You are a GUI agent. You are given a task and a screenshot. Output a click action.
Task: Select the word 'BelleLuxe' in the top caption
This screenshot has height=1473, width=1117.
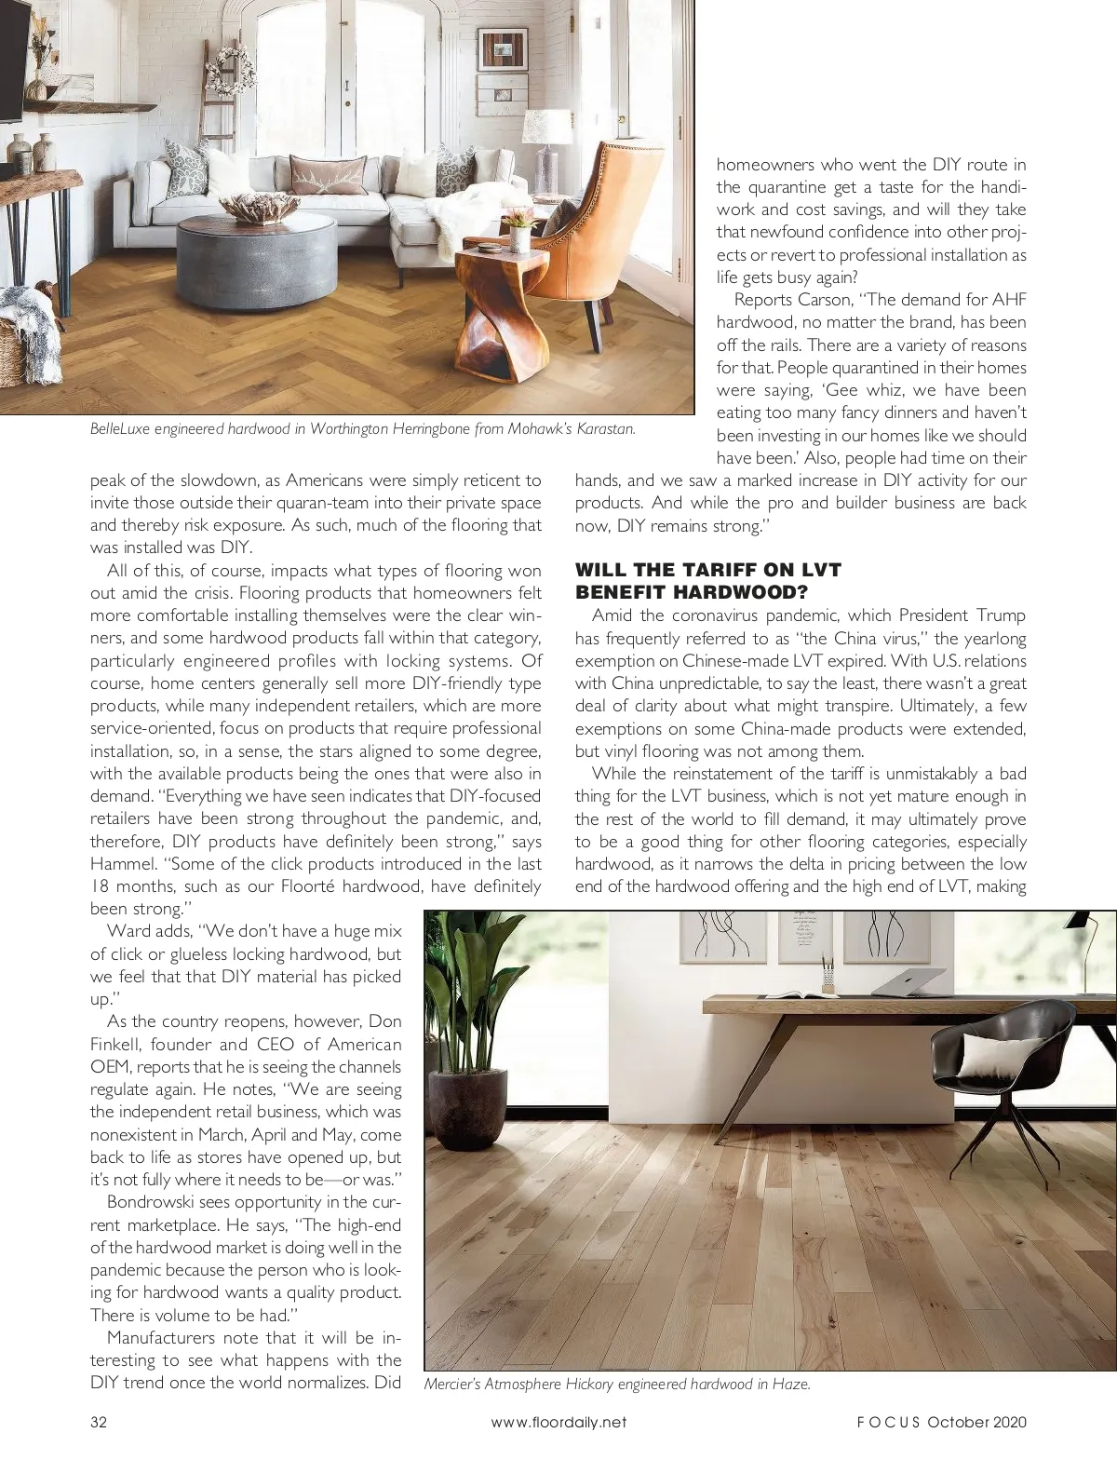[x=119, y=429]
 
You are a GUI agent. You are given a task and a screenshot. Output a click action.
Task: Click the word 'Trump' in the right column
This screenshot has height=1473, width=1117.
[x=1001, y=615]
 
